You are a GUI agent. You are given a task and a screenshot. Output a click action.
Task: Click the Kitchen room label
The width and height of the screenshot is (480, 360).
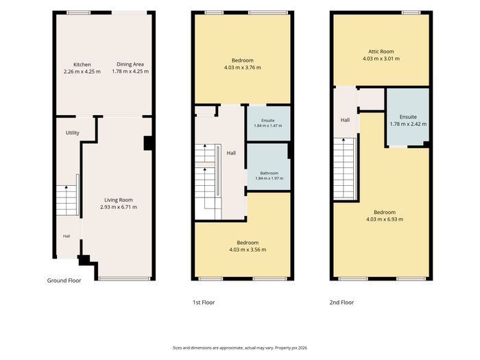point(82,64)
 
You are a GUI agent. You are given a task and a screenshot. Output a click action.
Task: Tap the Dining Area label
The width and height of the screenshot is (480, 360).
point(130,64)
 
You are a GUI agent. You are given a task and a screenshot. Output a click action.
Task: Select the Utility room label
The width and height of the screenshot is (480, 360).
point(72,132)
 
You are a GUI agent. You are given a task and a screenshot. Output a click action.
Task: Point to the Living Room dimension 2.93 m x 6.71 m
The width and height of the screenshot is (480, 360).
point(119,207)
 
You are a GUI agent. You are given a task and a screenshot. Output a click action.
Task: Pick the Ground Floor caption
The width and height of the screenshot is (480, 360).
point(64,280)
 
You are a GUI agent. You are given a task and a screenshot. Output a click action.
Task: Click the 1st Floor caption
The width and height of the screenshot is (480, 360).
point(204,302)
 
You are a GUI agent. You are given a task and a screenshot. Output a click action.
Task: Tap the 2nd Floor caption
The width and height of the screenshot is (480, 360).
point(341,302)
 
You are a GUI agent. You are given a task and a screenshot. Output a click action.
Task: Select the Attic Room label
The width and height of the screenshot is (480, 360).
point(381,51)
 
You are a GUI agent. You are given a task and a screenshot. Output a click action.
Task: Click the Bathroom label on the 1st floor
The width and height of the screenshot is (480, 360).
point(269,173)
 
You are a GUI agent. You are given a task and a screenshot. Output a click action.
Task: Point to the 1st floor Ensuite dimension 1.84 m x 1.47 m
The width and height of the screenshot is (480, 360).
point(268,125)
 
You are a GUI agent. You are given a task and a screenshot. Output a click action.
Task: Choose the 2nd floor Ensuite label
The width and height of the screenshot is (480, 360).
point(408,117)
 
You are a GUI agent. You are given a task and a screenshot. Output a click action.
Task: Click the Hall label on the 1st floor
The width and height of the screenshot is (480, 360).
point(231,153)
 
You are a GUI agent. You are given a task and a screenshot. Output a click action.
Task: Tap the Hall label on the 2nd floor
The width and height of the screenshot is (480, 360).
point(345,120)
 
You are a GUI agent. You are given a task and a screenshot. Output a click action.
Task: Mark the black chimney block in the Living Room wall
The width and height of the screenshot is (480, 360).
point(148,143)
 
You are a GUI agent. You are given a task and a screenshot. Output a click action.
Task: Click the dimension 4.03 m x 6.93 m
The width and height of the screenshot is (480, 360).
point(385,219)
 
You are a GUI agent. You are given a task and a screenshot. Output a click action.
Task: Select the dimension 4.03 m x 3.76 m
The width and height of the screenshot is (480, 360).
point(243,67)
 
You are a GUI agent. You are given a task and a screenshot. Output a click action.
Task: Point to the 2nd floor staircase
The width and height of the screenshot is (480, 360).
point(344,169)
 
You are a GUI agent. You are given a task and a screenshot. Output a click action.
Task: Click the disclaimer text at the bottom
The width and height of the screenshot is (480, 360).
point(240,348)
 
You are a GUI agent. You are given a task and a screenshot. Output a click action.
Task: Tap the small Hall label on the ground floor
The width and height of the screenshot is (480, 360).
point(67,236)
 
